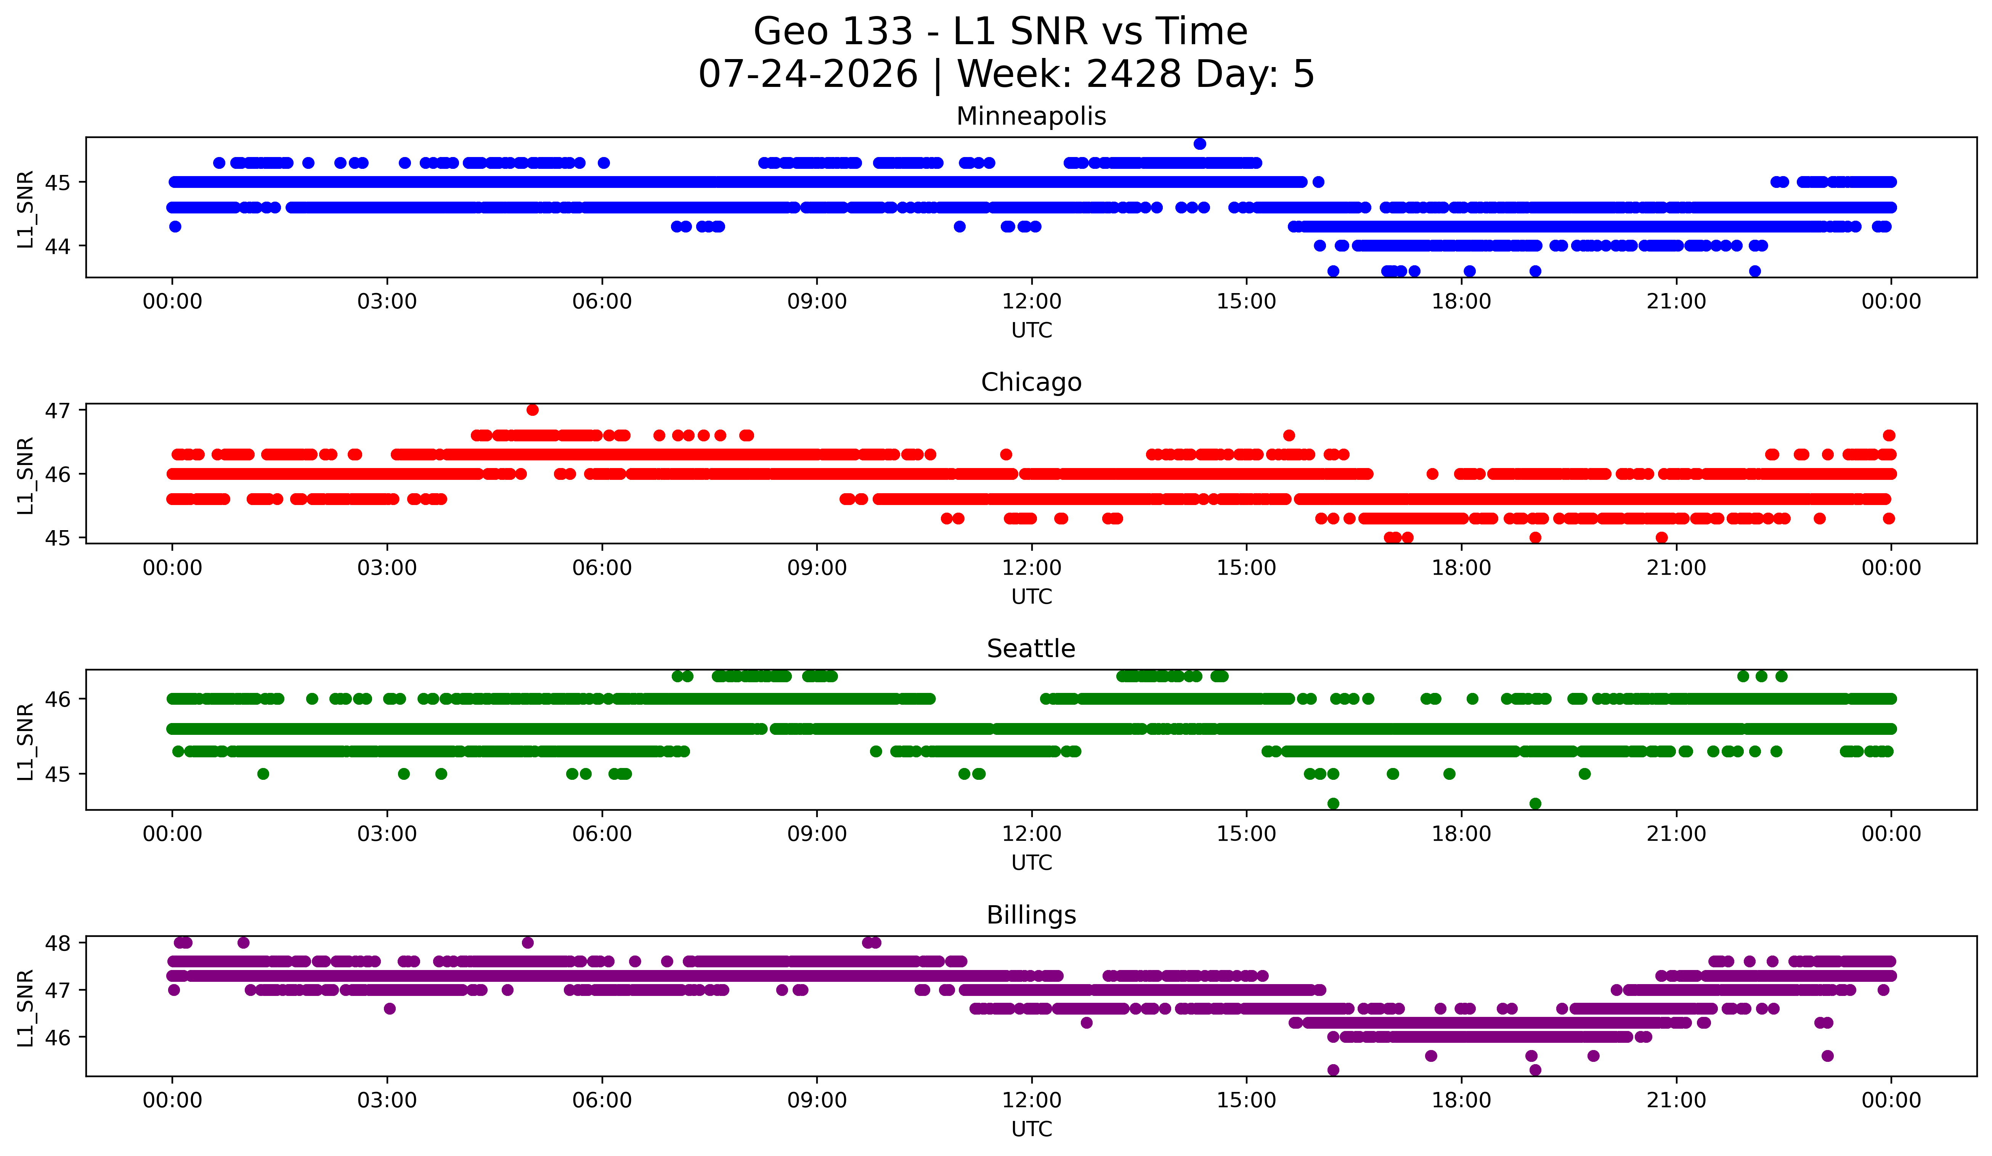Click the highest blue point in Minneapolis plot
(1200, 144)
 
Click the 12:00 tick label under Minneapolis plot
(1032, 302)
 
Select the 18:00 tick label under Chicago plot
(1462, 568)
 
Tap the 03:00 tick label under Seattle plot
(387, 834)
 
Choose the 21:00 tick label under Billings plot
(1677, 1101)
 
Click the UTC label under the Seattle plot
(1032, 863)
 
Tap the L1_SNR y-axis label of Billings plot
(25, 1008)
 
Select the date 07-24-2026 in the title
(808, 74)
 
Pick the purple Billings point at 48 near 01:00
(244, 943)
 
